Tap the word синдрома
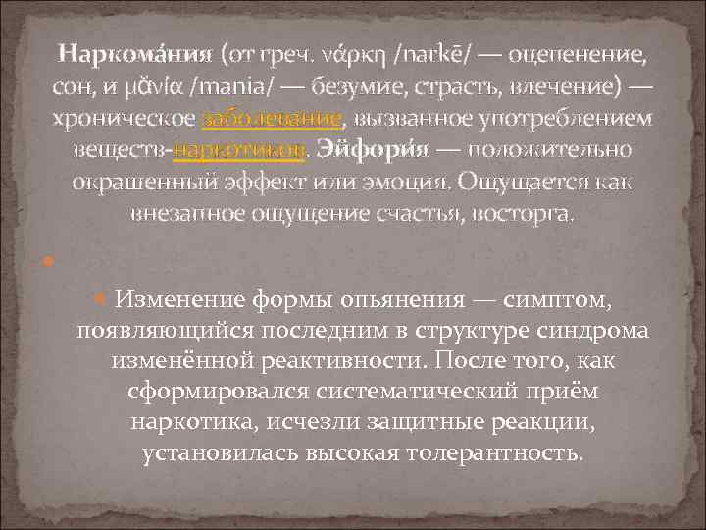tap(587, 330)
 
